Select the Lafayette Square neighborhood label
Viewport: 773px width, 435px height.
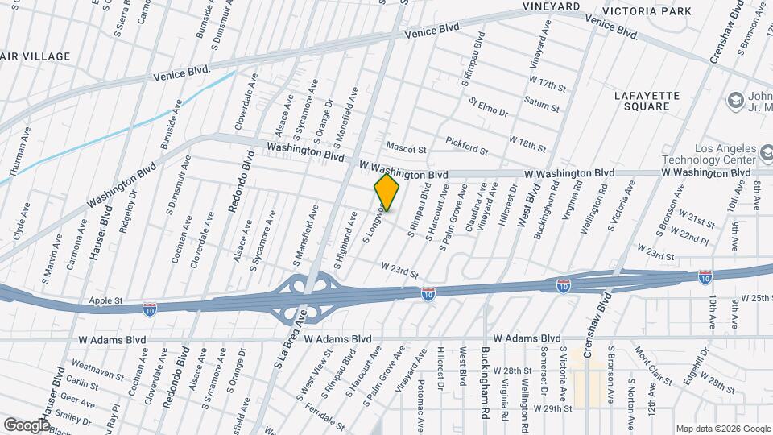647,101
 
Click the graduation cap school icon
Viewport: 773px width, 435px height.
734,100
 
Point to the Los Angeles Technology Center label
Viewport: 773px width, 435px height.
712,155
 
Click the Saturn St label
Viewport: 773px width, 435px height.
541,102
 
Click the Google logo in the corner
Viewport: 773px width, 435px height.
27,425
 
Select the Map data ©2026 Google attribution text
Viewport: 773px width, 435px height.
722,429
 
